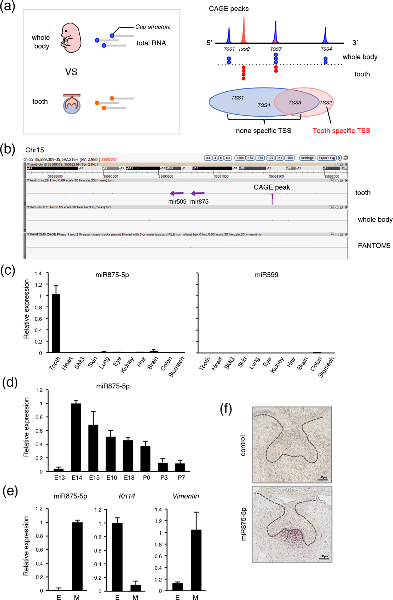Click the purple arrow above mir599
point(177,193)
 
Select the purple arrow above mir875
point(198,193)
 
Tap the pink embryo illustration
point(71,38)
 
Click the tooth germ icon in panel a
point(72,104)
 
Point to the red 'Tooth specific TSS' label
point(341,131)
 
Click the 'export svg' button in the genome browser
point(327,158)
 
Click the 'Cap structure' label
point(153,27)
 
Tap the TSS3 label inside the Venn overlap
point(295,103)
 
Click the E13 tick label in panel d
point(59,478)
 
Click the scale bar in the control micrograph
point(323,480)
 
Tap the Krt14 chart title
point(127,496)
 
